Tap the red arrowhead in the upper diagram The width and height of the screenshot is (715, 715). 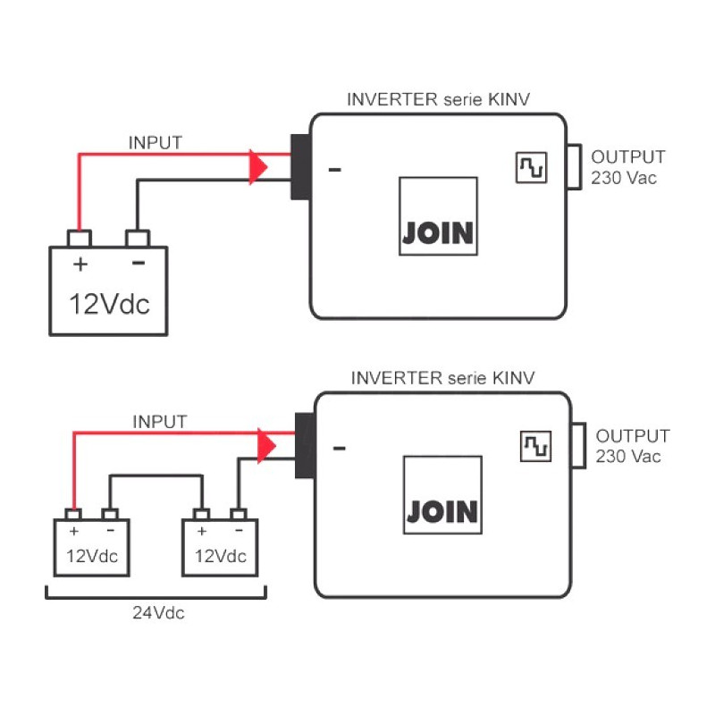(258, 167)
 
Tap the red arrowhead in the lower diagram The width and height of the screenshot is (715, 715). (265, 446)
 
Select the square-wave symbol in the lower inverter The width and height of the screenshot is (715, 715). (536, 447)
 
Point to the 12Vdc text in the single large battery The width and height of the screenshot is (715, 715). (110, 304)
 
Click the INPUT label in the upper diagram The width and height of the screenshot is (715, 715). (156, 142)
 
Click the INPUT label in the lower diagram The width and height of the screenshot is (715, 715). (160, 421)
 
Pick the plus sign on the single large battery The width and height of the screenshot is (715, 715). (80, 264)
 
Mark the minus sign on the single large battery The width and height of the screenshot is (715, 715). (138, 263)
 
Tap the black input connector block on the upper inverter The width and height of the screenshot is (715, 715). (299, 166)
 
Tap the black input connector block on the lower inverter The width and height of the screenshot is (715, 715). (304, 445)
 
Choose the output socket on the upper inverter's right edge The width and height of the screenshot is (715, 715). (574, 166)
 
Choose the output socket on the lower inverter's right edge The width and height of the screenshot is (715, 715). (578, 444)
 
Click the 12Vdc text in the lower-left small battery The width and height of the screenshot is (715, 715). (92, 556)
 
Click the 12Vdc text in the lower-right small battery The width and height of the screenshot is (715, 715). (220, 556)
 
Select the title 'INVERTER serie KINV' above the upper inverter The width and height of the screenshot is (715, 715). (439, 99)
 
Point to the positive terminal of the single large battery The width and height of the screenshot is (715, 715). (80, 239)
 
